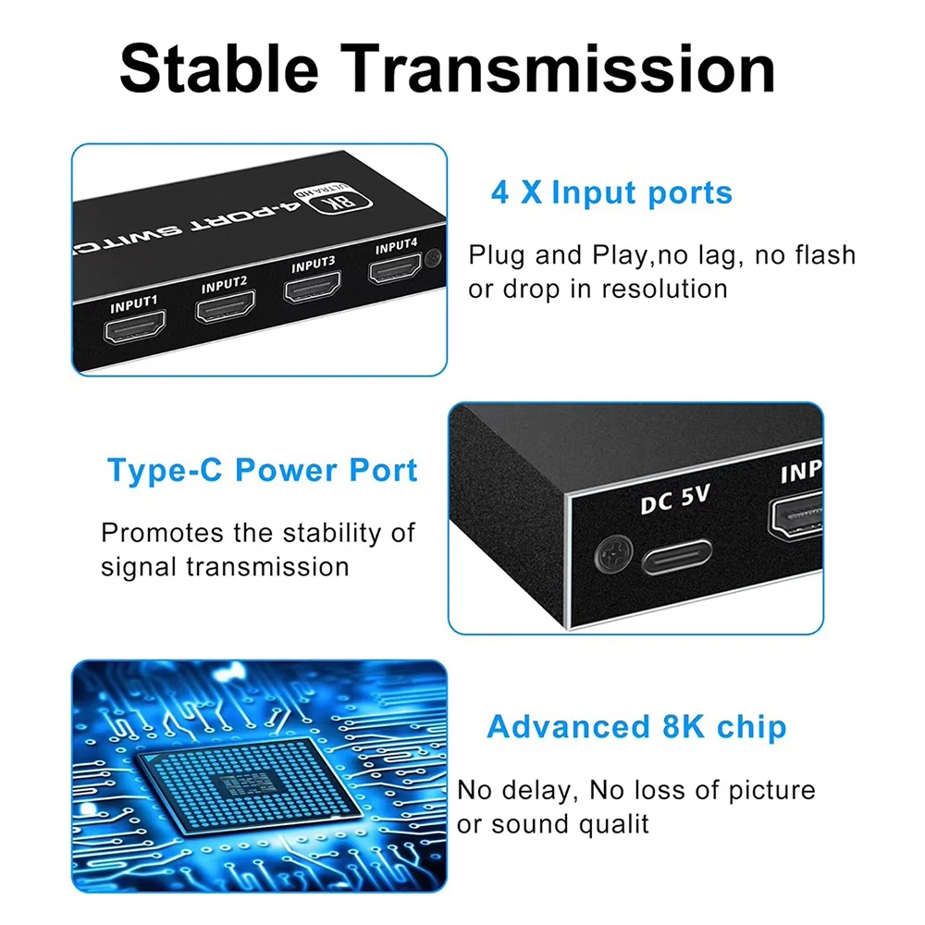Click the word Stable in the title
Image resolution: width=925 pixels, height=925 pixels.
219,69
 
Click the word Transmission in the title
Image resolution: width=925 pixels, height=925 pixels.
558,69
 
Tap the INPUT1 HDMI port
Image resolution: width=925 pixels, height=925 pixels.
134,327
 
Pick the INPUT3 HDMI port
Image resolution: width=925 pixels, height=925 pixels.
312,288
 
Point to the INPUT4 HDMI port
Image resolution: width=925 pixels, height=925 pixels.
395,268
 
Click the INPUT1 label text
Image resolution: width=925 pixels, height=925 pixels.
134,303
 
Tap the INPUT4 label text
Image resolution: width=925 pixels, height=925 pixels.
397,246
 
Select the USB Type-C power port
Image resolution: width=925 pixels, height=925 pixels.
677,556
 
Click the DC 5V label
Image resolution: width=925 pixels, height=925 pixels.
675,499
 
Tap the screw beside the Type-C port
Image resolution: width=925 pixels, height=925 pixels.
614,553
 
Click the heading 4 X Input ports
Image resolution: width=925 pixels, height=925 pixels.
611,193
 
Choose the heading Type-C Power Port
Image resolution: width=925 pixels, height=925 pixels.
262,470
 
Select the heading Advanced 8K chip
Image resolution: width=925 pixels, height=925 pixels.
636,727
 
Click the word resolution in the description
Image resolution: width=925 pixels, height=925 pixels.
664,289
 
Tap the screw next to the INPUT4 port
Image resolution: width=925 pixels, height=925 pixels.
434,258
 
